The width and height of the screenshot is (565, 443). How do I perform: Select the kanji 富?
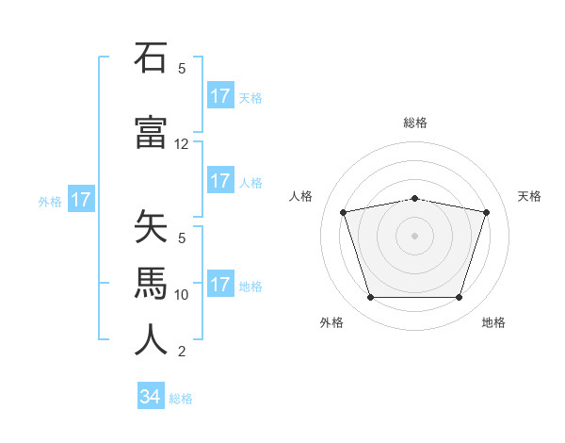[x=151, y=132]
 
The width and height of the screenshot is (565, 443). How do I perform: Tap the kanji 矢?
[x=151, y=228]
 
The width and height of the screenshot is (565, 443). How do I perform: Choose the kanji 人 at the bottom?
[x=151, y=339]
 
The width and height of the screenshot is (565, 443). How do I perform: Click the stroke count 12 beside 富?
[x=182, y=144]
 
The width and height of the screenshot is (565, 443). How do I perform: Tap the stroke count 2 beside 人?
[x=182, y=352]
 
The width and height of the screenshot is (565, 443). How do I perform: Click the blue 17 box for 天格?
[x=219, y=96]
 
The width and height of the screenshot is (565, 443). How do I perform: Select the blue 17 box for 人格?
[x=219, y=181]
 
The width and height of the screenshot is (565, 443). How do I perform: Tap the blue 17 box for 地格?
[x=219, y=285]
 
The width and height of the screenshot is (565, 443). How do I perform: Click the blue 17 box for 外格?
[x=80, y=200]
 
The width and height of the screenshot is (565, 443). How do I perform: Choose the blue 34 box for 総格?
[x=150, y=397]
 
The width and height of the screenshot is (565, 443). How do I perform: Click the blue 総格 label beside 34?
[x=181, y=399]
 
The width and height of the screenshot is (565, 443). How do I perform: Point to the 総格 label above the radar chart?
[x=414, y=123]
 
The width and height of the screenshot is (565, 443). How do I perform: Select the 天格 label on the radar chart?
[x=529, y=196]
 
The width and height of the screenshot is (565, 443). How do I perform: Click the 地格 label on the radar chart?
[x=493, y=322]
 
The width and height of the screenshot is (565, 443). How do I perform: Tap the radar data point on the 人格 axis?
[x=344, y=212]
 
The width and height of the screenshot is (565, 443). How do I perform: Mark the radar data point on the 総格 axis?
[x=414, y=198]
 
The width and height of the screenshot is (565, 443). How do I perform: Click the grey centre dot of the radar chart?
[x=414, y=235]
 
